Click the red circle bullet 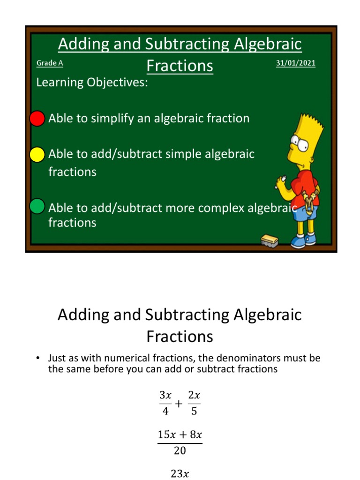tap(37, 119)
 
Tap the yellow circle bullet tap(37, 154)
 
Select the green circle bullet tap(37, 206)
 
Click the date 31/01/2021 tap(295, 63)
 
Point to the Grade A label tap(50, 63)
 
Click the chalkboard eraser tap(270, 240)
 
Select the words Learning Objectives tap(92, 82)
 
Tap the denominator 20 tap(180, 450)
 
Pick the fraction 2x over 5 tap(194, 404)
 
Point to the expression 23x tap(180, 474)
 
